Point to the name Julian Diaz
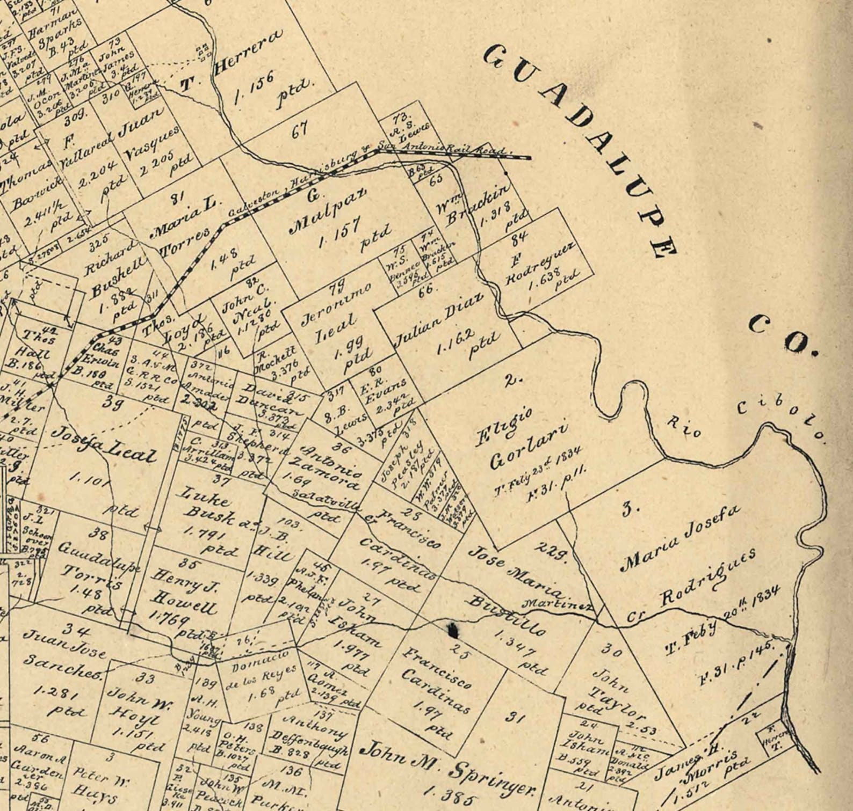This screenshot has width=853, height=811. tap(438, 322)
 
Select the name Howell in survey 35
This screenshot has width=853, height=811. tap(185, 601)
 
